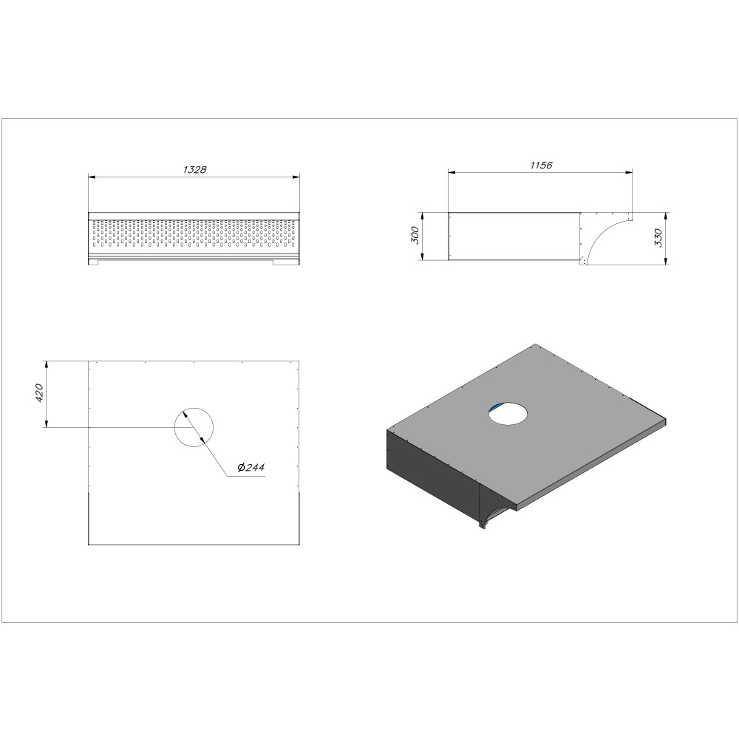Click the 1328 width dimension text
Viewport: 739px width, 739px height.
tap(194, 170)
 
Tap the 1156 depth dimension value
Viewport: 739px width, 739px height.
tap(541, 166)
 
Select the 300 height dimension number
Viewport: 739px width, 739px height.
tap(415, 235)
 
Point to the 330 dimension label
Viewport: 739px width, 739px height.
tap(658, 237)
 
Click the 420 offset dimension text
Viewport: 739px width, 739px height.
tap(39, 393)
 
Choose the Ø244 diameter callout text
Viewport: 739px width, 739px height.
tap(252, 467)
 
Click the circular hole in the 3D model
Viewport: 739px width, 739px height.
tap(508, 413)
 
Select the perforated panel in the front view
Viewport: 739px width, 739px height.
tap(194, 233)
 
